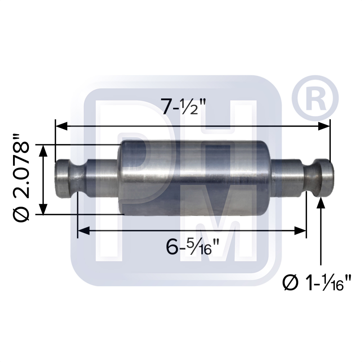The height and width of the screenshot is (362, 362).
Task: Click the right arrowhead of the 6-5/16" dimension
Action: point(300,231)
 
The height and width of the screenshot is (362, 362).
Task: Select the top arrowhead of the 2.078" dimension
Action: point(43,151)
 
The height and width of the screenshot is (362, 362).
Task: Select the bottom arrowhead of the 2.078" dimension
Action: point(43,209)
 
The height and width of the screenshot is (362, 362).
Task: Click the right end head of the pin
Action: point(324,177)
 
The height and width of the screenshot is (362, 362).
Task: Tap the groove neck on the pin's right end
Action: point(311,178)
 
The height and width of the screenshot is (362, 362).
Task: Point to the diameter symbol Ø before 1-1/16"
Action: point(291,282)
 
